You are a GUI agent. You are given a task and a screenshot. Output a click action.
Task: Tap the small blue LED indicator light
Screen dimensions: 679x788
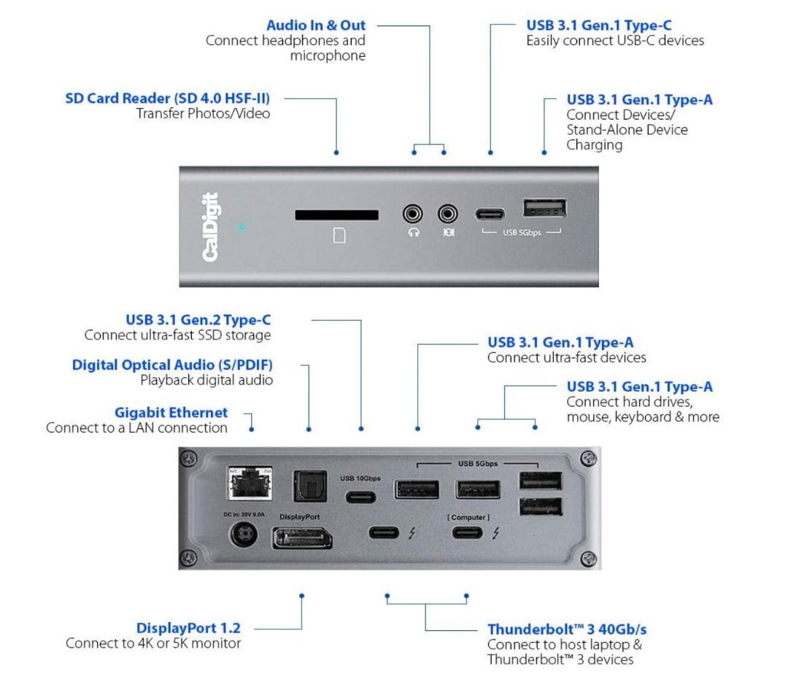(242, 228)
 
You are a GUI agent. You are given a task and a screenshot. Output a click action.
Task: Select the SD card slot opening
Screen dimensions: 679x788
(336, 215)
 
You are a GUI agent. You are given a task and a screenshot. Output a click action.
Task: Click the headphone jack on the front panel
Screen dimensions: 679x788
(414, 214)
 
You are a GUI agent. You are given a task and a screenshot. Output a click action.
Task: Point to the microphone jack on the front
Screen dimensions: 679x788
(447, 214)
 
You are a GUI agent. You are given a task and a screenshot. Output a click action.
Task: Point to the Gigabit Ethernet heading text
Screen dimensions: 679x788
(171, 413)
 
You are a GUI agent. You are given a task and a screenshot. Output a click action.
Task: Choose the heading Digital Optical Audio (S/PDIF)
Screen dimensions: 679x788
(177, 365)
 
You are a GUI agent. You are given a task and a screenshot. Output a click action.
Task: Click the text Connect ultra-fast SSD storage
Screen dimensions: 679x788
(178, 335)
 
